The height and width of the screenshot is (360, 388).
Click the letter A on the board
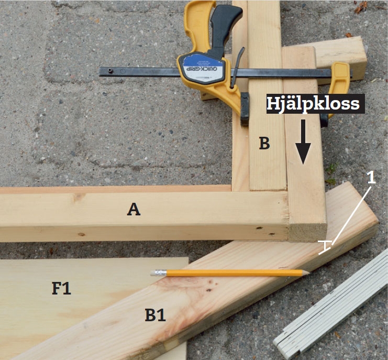(x=134, y=209)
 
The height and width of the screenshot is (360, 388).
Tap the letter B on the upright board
(x=264, y=144)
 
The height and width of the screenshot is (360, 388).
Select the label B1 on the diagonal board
(x=155, y=315)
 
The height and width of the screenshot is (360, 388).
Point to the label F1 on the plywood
(x=61, y=288)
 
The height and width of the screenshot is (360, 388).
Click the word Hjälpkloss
(x=313, y=103)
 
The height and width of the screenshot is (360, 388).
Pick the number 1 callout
(x=371, y=178)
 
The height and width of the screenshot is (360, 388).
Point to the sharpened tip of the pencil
(x=308, y=272)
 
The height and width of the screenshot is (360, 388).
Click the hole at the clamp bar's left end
(x=110, y=71)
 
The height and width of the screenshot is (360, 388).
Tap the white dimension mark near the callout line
(x=325, y=247)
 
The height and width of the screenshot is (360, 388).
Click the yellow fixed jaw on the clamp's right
(x=338, y=86)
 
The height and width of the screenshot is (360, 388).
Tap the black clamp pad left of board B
(x=245, y=109)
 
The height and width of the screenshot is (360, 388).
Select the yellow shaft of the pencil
(x=234, y=273)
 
